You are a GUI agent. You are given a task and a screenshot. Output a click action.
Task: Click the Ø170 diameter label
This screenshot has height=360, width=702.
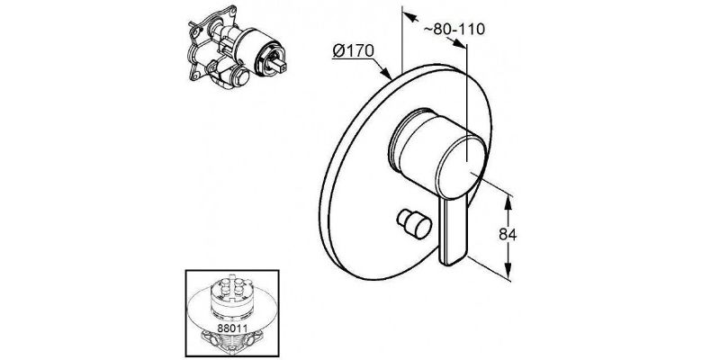[353, 51]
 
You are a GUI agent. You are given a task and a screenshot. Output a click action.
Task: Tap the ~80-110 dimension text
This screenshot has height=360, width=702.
[454, 29]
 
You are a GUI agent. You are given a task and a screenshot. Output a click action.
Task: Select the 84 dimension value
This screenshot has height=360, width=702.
[508, 235]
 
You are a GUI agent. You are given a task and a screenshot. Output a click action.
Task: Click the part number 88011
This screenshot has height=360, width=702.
[232, 328]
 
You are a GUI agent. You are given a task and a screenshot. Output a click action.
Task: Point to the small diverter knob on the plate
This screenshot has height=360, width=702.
[414, 223]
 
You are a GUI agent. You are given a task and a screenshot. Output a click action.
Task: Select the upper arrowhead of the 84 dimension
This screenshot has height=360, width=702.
[508, 202]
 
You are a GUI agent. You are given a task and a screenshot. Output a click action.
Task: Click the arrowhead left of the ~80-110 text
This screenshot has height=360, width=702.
[410, 16]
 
